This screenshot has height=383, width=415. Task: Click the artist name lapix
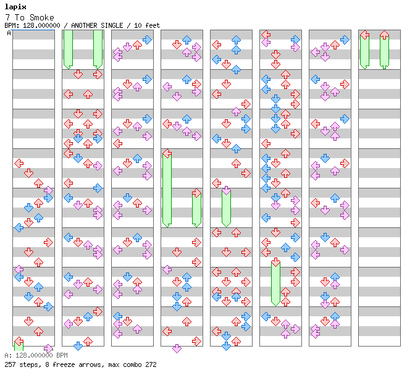tap(15, 7)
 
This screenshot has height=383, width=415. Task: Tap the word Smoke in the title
tap(42, 17)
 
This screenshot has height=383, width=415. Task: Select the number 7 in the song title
tap(7, 17)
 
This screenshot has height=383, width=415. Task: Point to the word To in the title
tap(20, 17)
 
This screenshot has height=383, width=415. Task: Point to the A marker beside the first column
tap(9, 33)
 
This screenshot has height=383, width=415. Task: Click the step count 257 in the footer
tap(9, 364)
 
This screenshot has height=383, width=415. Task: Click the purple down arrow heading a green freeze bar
tap(226, 190)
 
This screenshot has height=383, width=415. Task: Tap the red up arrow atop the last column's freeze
tap(384, 35)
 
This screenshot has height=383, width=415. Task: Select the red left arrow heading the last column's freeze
tap(365, 35)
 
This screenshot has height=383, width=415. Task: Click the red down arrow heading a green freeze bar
tap(275, 262)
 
